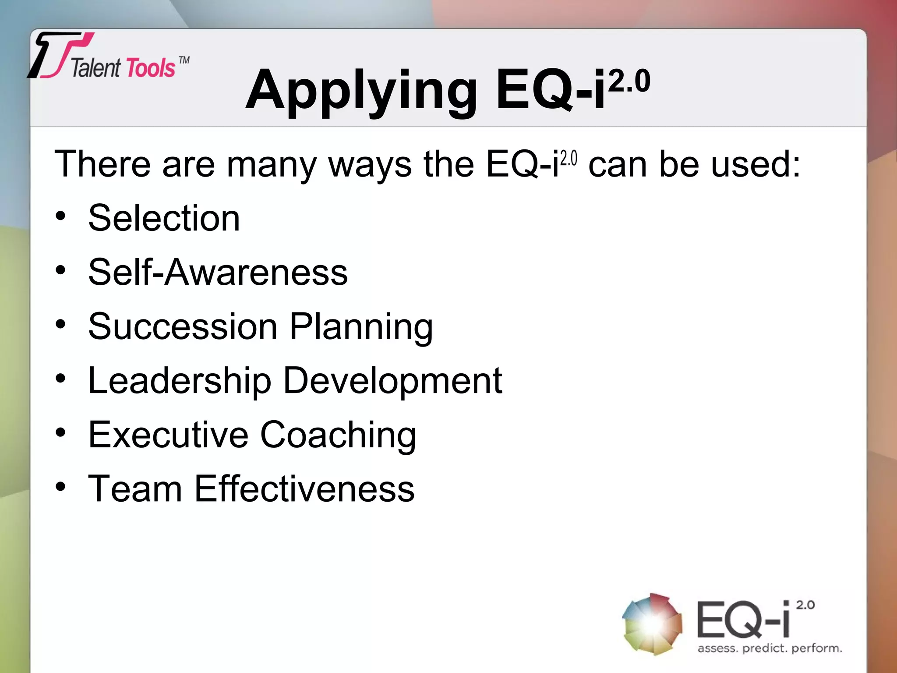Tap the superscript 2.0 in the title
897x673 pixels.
tap(629, 81)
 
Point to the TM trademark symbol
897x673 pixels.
tap(184, 60)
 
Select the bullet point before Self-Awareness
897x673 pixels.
tap(60, 270)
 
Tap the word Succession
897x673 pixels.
tap(183, 326)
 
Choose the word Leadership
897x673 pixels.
tap(180, 381)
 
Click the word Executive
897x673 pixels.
tap(168, 435)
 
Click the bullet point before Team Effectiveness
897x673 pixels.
tap(60, 487)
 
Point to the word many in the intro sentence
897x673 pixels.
tap(271, 166)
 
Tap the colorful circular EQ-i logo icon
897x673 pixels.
tap(652, 624)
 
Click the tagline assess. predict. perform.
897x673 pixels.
tap(770, 648)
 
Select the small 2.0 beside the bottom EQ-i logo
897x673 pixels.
tap(805, 605)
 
